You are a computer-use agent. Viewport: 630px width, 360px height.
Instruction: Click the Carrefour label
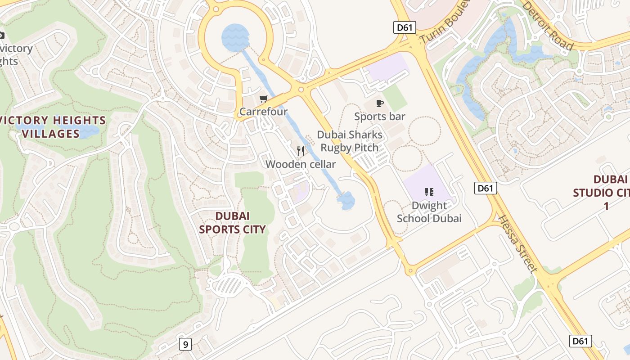coord(263,112)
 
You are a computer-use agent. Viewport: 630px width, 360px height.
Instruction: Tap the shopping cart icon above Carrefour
coord(263,99)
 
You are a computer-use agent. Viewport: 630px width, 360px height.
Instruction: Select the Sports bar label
coord(380,117)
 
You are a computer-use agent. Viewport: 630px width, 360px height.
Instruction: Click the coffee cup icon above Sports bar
coord(380,103)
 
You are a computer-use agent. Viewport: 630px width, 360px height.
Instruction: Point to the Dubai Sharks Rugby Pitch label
coord(350,141)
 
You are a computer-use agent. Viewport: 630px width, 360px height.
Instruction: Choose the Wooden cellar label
coord(301,164)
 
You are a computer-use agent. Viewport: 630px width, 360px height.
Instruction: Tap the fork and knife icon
coord(301,151)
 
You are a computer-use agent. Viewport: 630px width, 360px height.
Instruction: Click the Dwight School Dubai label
coord(429,212)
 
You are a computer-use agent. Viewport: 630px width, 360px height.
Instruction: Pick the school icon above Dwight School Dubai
coord(429,193)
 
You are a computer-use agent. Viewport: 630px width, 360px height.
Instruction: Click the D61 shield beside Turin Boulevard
coord(405,27)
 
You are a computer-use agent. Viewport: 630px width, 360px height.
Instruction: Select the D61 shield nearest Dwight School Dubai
coord(486,188)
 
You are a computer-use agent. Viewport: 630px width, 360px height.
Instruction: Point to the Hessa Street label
coord(517,244)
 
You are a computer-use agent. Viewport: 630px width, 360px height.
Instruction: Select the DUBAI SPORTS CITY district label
coord(232,223)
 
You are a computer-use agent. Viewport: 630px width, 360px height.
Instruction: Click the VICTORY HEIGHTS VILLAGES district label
coord(53,127)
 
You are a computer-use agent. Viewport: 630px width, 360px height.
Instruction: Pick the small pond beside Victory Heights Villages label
coord(88,132)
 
